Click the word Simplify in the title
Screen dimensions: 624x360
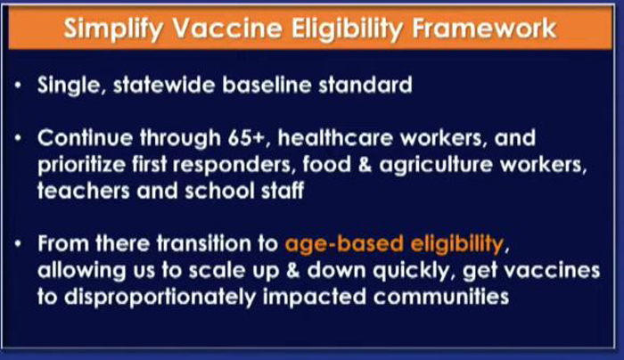pyautogui.click(x=113, y=29)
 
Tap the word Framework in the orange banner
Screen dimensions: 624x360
pyautogui.click(x=484, y=28)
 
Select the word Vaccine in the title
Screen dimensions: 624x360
pyautogui.click(x=227, y=28)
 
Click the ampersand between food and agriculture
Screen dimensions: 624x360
pyautogui.click(x=365, y=165)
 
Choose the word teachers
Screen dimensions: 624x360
pyautogui.click(x=84, y=191)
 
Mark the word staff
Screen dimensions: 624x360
pyautogui.click(x=283, y=191)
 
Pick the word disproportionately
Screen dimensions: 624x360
pyautogui.click(x=160, y=298)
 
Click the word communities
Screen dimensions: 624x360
pyautogui.click(x=441, y=297)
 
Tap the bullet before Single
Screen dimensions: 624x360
pyautogui.click(x=19, y=85)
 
